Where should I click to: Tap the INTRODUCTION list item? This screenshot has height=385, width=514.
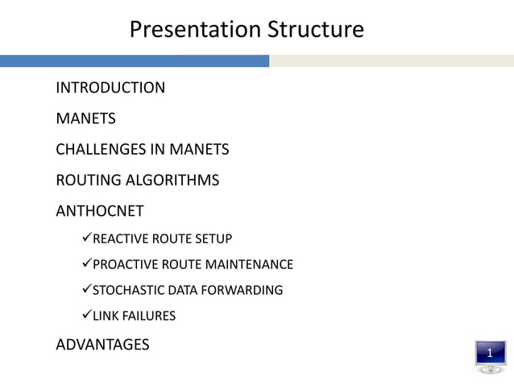point(110,88)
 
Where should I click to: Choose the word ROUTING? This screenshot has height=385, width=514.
point(83,180)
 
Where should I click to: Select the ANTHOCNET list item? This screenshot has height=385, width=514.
point(99,211)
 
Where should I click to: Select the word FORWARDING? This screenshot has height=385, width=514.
point(242,290)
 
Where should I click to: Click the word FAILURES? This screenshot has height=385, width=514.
point(148,316)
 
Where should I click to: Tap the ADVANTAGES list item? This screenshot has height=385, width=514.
point(102,345)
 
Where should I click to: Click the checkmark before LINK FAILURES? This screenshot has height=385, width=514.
point(87,316)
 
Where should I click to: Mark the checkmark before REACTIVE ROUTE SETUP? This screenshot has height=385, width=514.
point(87,238)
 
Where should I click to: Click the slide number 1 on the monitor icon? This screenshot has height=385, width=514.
point(490,353)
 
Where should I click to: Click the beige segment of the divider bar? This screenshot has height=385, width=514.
point(392,61)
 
